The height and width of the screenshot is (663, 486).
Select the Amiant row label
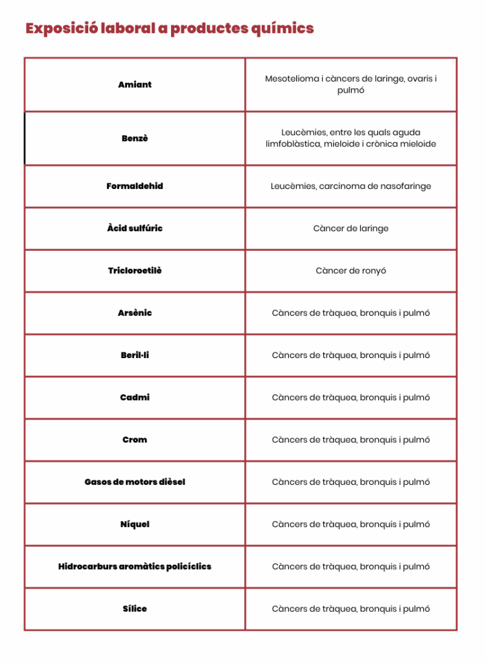click(135, 85)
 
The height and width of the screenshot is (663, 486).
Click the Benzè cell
click(135, 139)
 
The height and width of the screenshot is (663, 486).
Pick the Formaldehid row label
click(135, 186)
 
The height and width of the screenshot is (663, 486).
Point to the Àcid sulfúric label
click(135, 229)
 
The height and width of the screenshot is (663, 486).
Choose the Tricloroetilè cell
click(135, 271)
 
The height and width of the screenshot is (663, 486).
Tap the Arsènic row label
click(135, 313)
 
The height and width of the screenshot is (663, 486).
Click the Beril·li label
click(135, 355)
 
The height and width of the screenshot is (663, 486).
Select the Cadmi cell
click(135, 398)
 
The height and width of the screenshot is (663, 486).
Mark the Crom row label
click(135, 440)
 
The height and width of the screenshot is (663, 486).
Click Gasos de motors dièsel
click(135, 482)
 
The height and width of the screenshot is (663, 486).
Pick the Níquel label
click(135, 524)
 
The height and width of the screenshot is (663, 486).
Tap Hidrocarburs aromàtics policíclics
click(135, 567)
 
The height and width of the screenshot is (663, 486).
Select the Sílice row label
click(135, 609)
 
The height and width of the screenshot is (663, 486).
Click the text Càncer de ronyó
click(351, 271)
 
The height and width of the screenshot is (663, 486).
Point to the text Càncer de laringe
click(351, 229)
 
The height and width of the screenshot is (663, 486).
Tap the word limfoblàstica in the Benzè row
click(295, 144)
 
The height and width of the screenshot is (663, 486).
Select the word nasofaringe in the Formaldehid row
click(404, 186)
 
